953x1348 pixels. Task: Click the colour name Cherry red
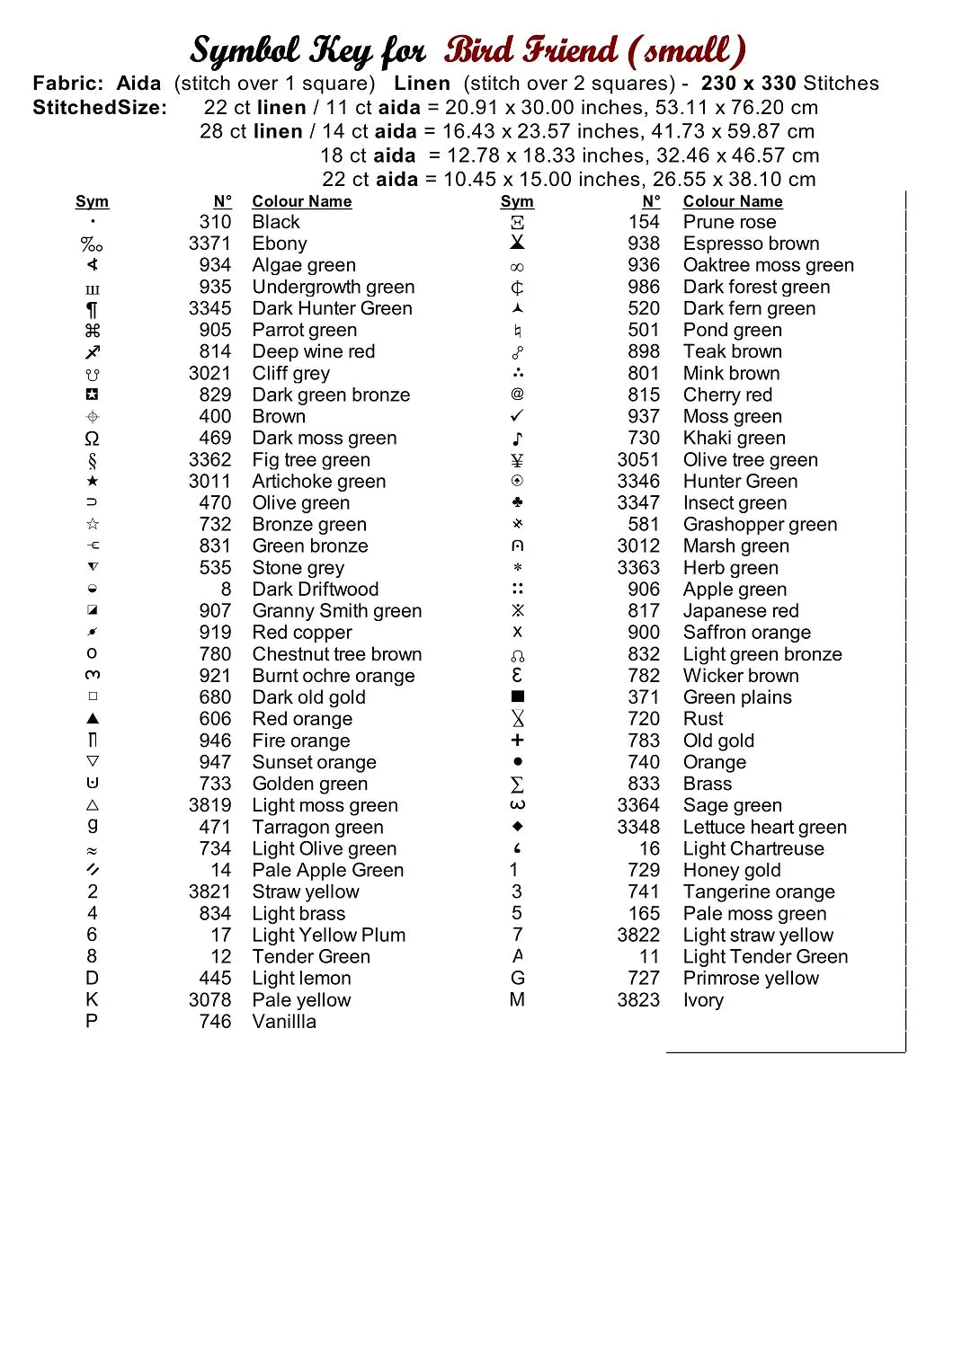point(727,395)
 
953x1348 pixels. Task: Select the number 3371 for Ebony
point(209,244)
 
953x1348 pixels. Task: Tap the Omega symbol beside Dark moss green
point(92,439)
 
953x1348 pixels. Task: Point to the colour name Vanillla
point(284,1022)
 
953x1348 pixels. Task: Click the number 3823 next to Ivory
point(638,1000)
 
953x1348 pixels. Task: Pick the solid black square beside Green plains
point(517,696)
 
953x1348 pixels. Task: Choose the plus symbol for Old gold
point(517,741)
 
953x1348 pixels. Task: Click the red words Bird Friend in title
point(530,50)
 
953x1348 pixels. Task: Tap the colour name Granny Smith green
point(337,611)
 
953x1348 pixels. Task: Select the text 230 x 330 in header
point(748,84)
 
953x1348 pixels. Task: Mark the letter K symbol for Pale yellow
point(92,999)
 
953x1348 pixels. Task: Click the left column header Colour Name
point(301,201)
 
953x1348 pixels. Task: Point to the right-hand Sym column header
point(517,201)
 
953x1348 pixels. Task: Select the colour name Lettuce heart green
point(765,827)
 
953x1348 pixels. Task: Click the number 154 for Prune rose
point(644,222)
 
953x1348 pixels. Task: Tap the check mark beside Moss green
point(517,416)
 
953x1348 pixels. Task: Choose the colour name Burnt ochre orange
point(334,676)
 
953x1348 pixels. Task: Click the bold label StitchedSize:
point(100,108)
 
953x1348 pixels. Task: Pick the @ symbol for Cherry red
point(517,395)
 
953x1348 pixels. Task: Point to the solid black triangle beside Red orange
point(93,719)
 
